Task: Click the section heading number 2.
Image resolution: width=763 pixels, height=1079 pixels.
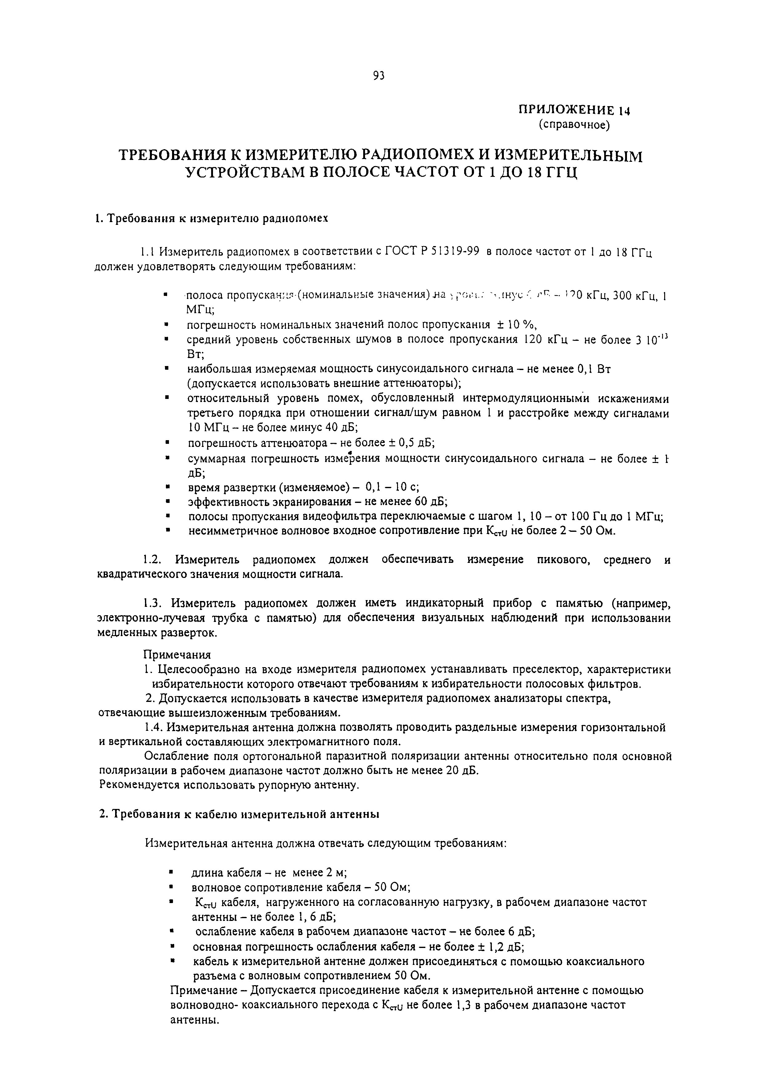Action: pos(102,814)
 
